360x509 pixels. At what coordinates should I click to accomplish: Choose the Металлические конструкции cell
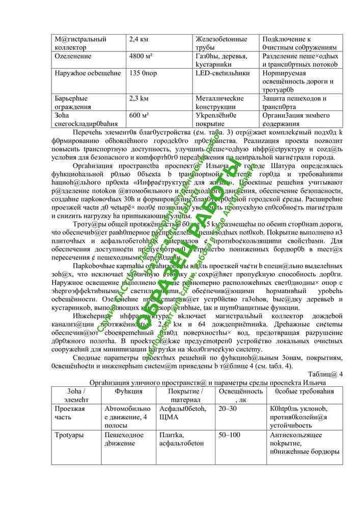point(220,102)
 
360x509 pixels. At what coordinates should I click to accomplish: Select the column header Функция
point(128,391)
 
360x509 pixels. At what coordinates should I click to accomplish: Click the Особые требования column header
point(304,391)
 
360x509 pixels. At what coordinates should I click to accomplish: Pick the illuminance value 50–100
point(230,435)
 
